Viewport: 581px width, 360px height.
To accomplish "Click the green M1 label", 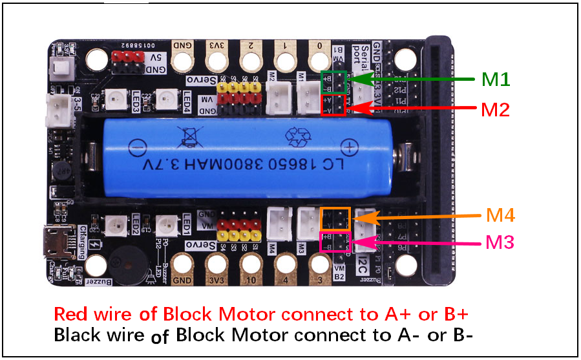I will pos(496,79).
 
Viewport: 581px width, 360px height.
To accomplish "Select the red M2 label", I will pos(495,109).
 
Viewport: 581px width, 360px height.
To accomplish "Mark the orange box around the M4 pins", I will pos(335,218).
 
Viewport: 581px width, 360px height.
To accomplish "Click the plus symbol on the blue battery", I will pos(349,146).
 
